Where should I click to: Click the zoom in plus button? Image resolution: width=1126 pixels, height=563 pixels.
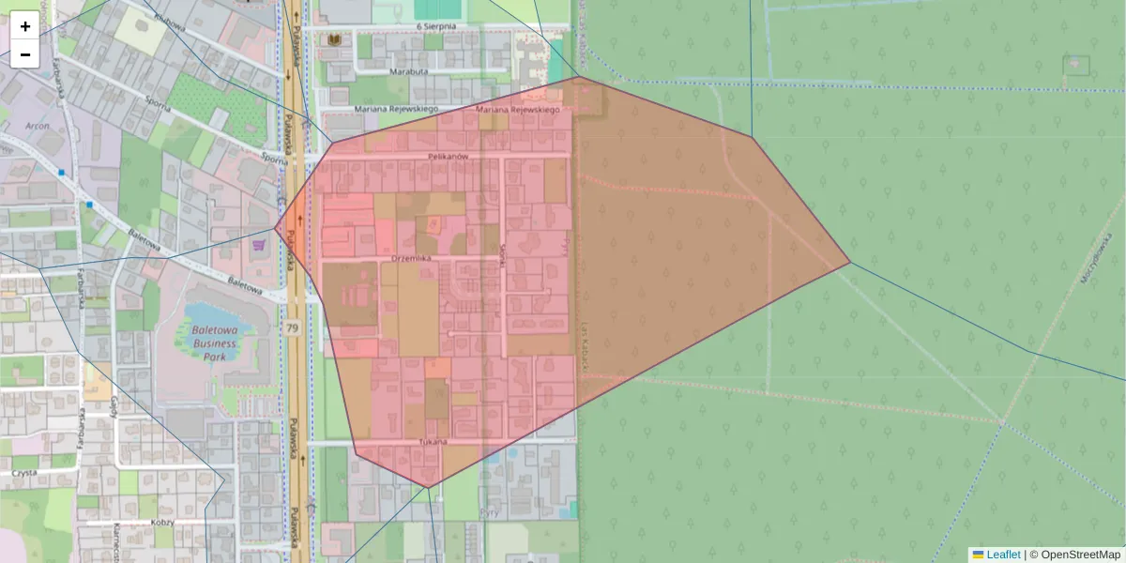[25, 26]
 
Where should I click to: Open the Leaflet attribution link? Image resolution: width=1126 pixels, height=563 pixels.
[1003, 555]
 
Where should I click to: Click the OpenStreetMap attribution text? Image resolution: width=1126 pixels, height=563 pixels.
[1080, 555]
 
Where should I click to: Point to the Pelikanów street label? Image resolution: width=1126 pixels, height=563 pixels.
[447, 157]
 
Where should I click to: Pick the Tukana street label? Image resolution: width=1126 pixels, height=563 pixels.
[433, 441]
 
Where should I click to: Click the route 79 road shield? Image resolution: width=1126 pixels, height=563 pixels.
[294, 328]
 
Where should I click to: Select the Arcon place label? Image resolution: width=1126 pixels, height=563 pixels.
[38, 124]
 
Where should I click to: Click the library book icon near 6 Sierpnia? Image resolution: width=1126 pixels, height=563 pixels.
[333, 39]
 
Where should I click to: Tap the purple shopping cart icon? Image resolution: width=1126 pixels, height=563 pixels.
[258, 244]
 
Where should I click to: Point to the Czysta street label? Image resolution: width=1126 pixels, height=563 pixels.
[23, 473]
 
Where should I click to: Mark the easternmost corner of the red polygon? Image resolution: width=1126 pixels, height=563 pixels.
[850, 263]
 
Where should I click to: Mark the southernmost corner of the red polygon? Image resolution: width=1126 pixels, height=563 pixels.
[428, 487]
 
